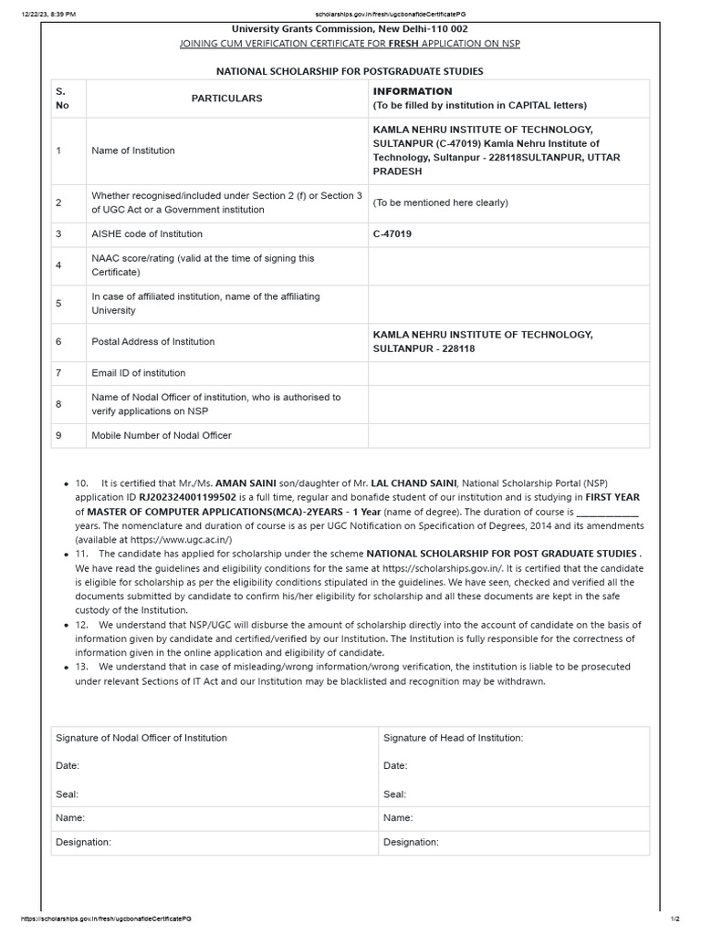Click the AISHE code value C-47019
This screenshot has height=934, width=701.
pos(392,234)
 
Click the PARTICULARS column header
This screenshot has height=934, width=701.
pos(226,99)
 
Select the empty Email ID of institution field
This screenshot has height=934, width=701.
pos(508,373)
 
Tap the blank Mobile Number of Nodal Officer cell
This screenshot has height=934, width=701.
pos(508,436)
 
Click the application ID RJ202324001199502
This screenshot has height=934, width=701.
pos(187,497)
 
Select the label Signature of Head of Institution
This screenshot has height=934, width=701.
pos(453,738)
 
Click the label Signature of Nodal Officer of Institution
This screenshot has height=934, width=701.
pos(141,738)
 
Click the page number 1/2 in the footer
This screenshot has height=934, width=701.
pos(675,918)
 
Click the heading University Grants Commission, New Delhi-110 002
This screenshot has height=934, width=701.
pos(350,29)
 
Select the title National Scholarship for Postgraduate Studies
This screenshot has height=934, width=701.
pos(350,71)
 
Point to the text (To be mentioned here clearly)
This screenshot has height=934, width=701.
pos(441,202)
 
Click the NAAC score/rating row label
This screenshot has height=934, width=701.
pos(203,265)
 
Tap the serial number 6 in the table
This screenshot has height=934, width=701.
pos(58,342)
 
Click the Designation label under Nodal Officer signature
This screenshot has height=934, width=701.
pos(83,842)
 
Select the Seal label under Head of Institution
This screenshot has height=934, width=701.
pos(395,794)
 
